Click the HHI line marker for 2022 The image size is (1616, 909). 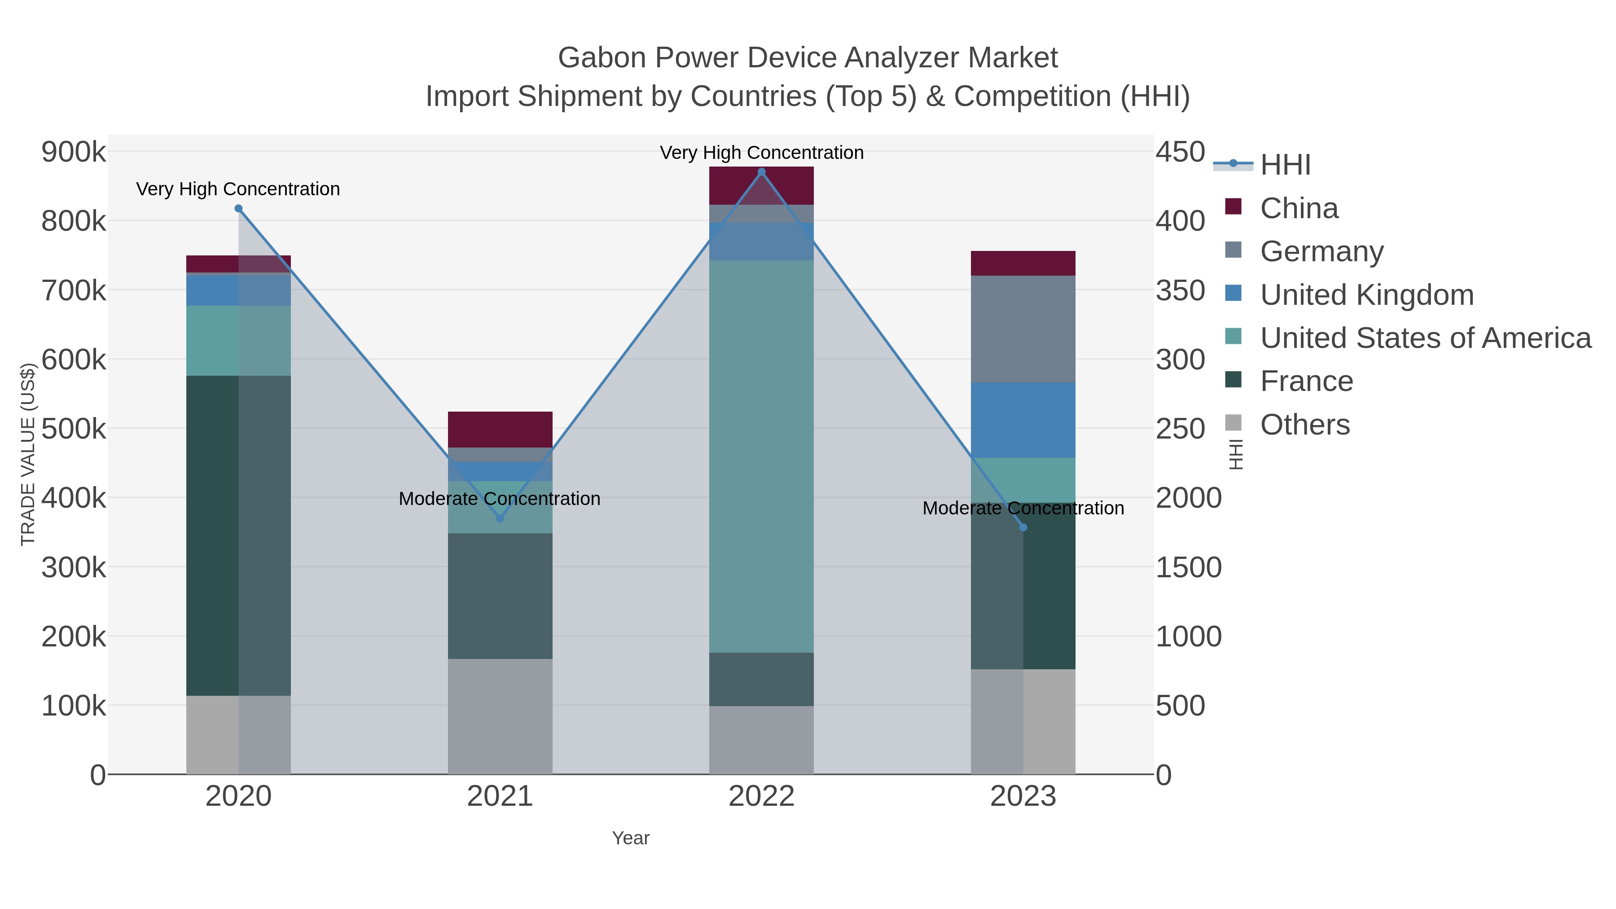pyautogui.click(x=762, y=172)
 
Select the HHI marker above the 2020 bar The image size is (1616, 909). pyautogui.click(x=238, y=209)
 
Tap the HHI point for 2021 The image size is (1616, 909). pyautogui.click(x=500, y=519)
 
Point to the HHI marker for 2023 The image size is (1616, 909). pyautogui.click(x=1023, y=527)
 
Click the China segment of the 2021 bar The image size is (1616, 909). pyautogui.click(x=500, y=430)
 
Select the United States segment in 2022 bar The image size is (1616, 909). pyautogui.click(x=762, y=456)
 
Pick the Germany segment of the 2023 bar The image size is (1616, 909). pyautogui.click(x=1023, y=329)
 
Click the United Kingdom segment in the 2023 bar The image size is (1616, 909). pyautogui.click(x=1023, y=420)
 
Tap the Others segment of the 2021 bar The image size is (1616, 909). pyautogui.click(x=500, y=716)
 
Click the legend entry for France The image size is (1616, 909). pyautogui.click(x=1306, y=382)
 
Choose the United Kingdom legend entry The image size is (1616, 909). pyautogui.click(x=1366, y=295)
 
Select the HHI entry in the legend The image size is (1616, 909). pyautogui.click(x=1285, y=165)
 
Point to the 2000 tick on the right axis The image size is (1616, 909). pyautogui.click(x=1188, y=498)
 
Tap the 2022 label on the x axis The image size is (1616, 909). pyautogui.click(x=762, y=797)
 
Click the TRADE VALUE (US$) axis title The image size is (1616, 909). pyautogui.click(x=28, y=454)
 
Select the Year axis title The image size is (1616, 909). pyautogui.click(x=631, y=838)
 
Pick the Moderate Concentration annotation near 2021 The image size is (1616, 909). pyautogui.click(x=500, y=499)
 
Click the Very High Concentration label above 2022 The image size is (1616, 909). pyautogui.click(x=762, y=153)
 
